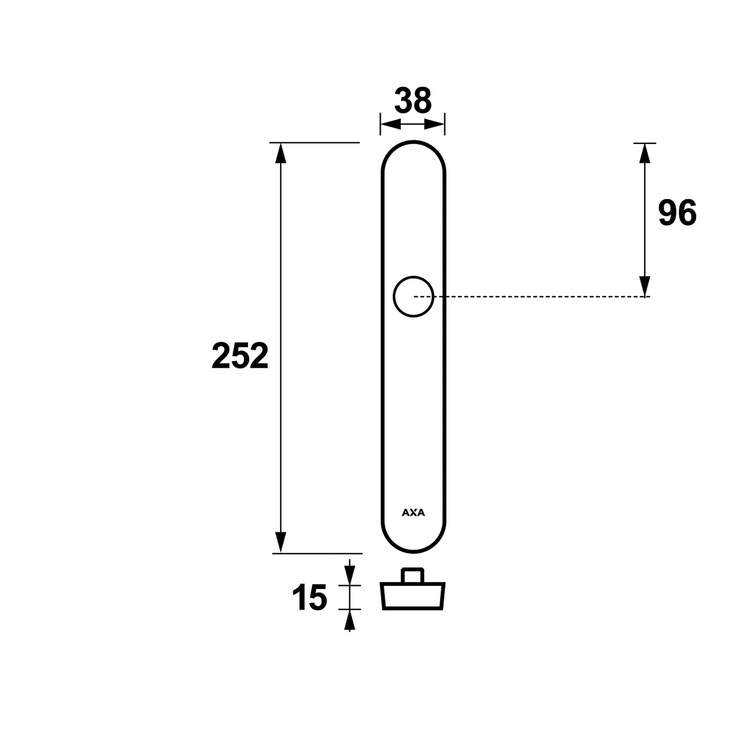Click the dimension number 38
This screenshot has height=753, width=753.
(x=413, y=100)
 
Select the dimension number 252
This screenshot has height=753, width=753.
(x=240, y=356)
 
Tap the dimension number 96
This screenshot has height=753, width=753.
(x=677, y=213)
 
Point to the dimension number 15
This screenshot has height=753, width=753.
(x=309, y=597)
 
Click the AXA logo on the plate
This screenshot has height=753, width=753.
(x=413, y=513)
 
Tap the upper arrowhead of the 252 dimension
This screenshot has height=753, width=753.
(x=281, y=153)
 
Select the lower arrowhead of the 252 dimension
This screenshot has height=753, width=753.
(x=281, y=543)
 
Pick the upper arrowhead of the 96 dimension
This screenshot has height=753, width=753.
(x=645, y=153)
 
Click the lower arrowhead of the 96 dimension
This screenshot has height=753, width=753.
(x=645, y=287)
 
